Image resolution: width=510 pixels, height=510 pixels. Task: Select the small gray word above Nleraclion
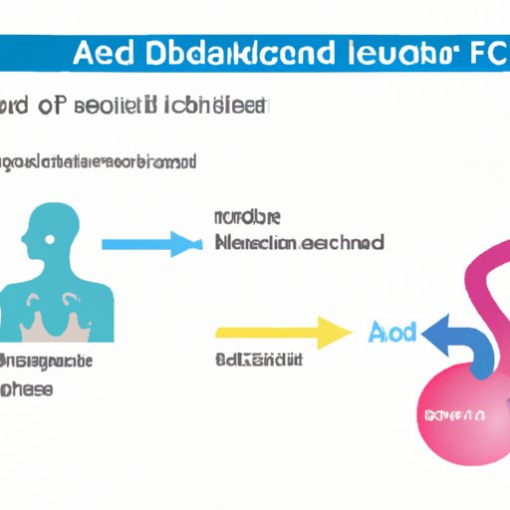tap(246, 216)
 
